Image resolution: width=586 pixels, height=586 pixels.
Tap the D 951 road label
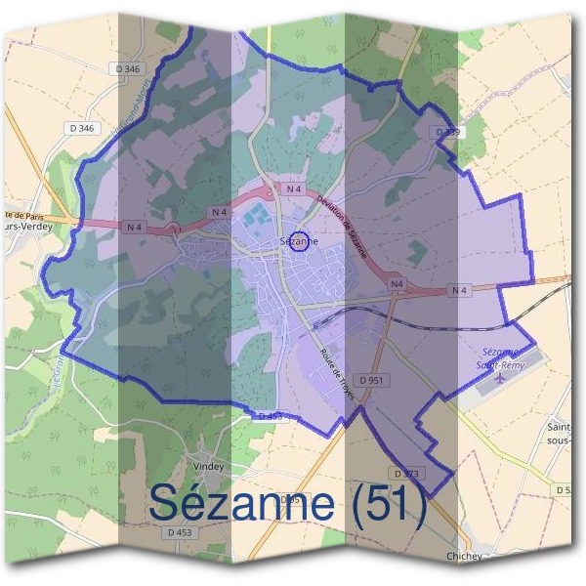click(371, 379)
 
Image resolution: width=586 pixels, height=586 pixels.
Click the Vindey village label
click(209, 466)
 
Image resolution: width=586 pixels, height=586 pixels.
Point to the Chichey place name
click(463, 556)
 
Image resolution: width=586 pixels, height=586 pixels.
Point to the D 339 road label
click(447, 131)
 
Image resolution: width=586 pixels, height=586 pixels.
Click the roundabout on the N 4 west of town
click(173, 230)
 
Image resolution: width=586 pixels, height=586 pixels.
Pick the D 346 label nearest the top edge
click(127, 68)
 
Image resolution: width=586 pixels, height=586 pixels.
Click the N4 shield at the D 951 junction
click(396, 284)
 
